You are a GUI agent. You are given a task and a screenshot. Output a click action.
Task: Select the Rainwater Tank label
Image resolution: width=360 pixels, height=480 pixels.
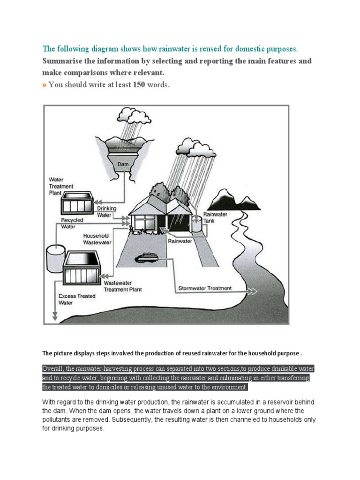coord(215,217)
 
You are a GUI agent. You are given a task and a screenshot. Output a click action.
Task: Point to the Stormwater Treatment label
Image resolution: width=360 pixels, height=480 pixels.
coord(204,288)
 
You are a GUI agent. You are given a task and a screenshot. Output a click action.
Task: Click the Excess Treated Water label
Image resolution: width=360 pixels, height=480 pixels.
coord(76,300)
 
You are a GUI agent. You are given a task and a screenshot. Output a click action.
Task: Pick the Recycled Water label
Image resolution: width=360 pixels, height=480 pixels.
coord(72,223)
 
